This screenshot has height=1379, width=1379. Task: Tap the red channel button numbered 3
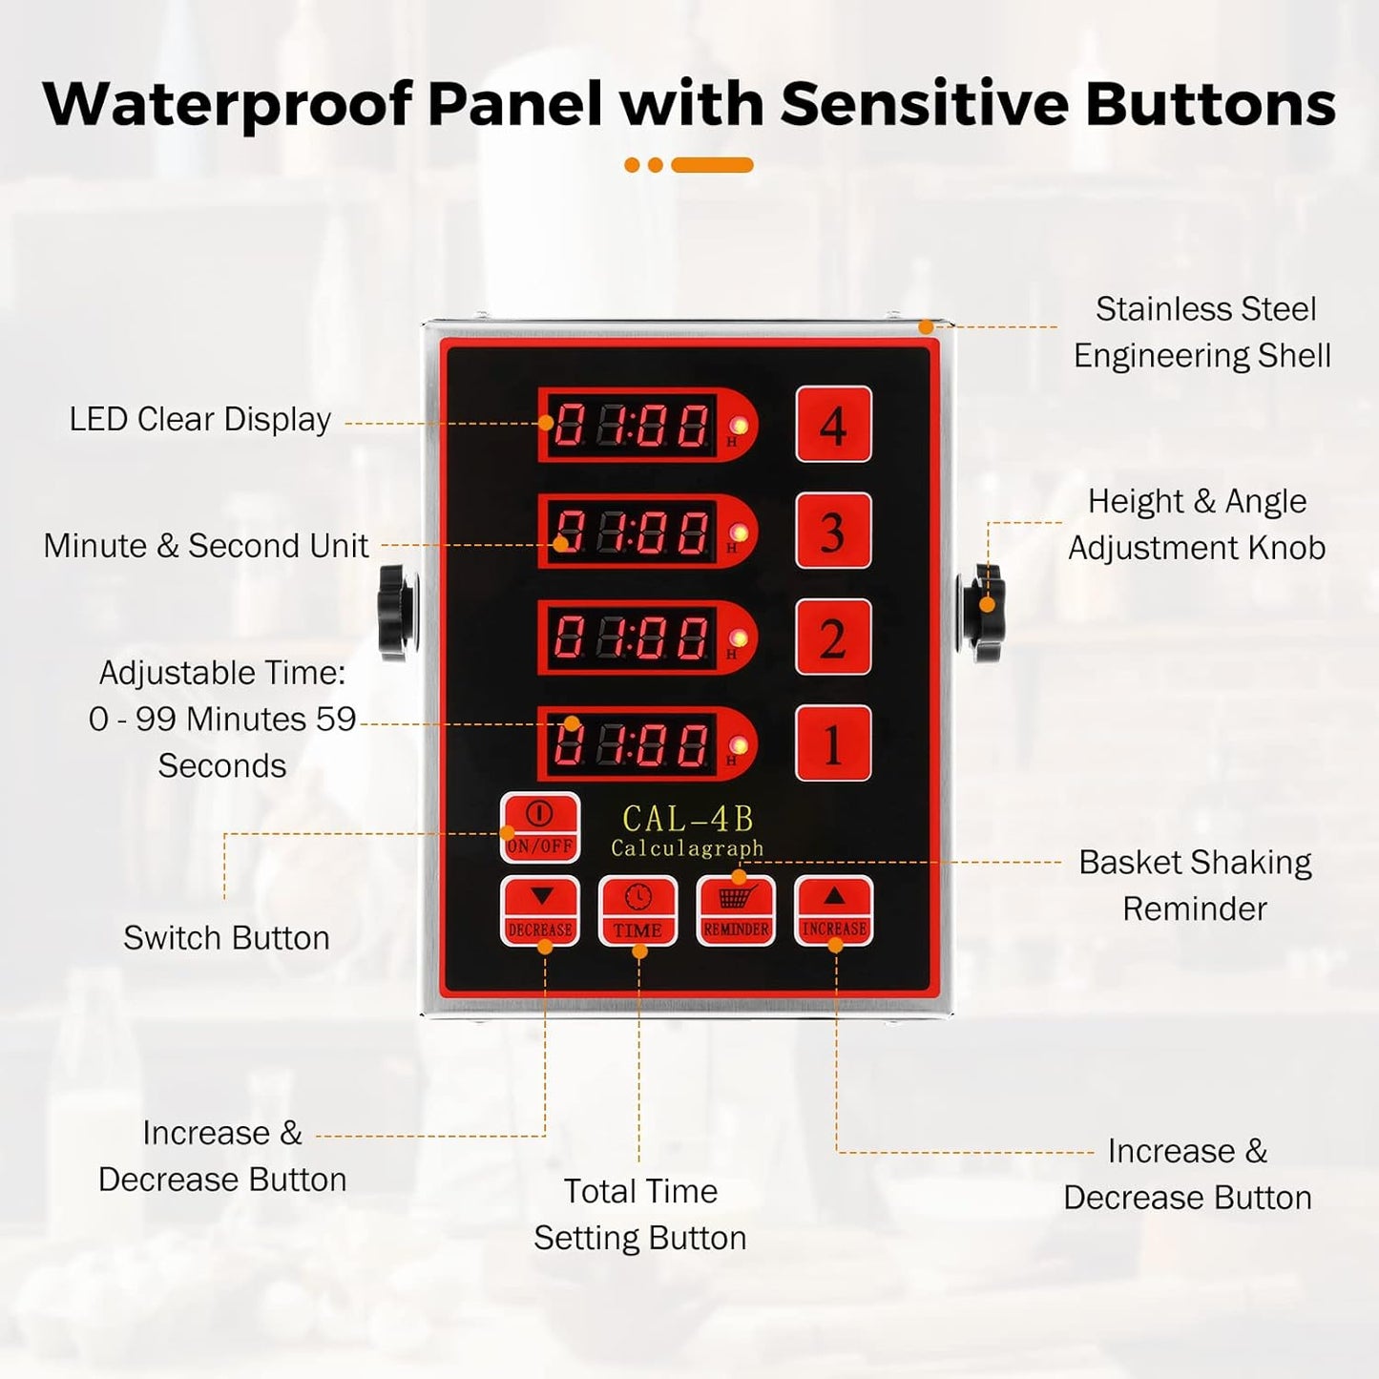pyautogui.click(x=833, y=531)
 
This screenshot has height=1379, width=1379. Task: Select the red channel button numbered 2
pyautogui.click(x=833, y=637)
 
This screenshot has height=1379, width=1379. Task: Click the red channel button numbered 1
pyautogui.click(x=833, y=743)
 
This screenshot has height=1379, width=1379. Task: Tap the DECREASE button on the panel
pyautogui.click(x=540, y=910)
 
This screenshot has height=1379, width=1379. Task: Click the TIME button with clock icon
pyautogui.click(x=638, y=910)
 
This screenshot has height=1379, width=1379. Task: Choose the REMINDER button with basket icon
pyautogui.click(x=736, y=910)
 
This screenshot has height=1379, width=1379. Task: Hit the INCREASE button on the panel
pyautogui.click(x=834, y=910)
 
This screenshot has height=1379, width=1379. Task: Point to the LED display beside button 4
pyautogui.click(x=633, y=425)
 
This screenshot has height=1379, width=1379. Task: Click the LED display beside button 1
pyautogui.click(x=633, y=743)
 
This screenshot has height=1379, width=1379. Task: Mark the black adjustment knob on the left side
pyautogui.click(x=397, y=612)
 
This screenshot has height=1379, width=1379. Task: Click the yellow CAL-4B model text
pyautogui.click(x=687, y=819)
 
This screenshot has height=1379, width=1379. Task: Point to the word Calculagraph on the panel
pyautogui.click(x=687, y=848)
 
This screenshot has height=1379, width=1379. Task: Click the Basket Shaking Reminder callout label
pyautogui.click(x=1195, y=885)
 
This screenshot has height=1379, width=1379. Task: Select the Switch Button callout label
pyautogui.click(x=226, y=938)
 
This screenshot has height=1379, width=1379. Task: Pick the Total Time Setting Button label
pyautogui.click(x=639, y=1214)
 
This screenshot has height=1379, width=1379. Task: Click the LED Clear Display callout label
pyautogui.click(x=199, y=419)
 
